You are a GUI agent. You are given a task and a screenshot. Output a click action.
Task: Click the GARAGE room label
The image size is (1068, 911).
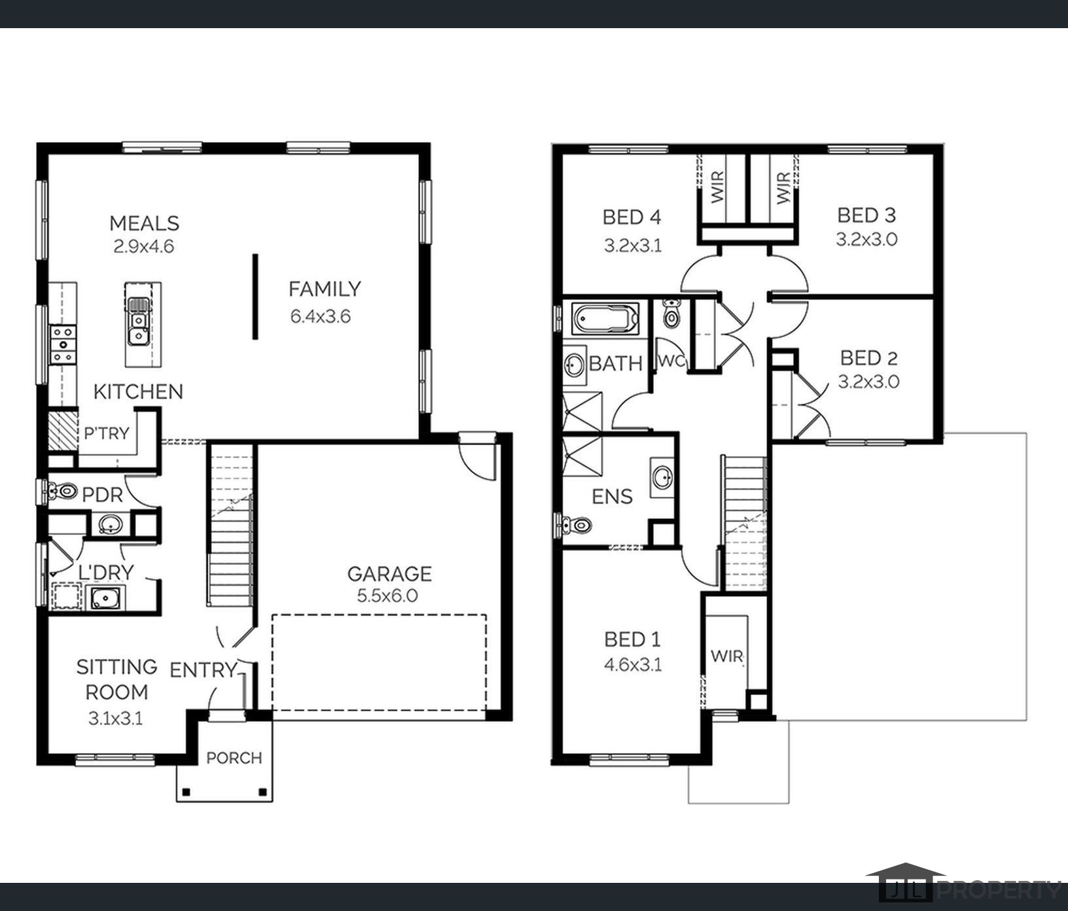pos(389,574)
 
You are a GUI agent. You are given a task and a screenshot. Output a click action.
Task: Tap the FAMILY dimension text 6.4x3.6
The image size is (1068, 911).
pos(321,317)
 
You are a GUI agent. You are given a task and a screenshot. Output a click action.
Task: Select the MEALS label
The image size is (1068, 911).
pos(144,223)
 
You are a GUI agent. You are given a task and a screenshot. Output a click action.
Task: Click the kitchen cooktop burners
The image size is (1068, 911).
pos(63,344)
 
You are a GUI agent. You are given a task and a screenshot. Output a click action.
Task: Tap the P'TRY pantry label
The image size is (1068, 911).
pos(107,433)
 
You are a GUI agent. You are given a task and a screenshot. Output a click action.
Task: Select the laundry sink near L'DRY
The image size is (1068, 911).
pos(104,598)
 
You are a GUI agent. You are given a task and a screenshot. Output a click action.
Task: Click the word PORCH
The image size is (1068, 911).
pos(234,758)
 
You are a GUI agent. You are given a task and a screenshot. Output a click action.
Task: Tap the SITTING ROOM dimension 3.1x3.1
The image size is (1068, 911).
pos(116,719)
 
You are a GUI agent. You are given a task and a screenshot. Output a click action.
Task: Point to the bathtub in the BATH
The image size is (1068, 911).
pos(605,319)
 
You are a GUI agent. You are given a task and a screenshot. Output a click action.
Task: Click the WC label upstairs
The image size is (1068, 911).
pos(670,361)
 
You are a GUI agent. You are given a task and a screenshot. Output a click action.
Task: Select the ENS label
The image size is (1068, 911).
pos(612,497)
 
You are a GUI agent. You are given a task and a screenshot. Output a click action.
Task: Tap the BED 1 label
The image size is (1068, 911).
pos(632,639)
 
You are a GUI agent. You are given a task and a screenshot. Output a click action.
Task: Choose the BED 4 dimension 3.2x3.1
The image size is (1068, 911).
pos(633,246)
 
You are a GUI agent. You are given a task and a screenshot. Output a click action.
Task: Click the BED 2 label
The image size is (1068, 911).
pos(869,358)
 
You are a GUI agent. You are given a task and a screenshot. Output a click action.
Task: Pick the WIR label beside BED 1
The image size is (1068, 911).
pos(727,656)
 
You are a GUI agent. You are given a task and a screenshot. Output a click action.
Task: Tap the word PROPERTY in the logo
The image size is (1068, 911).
pos(999,891)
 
